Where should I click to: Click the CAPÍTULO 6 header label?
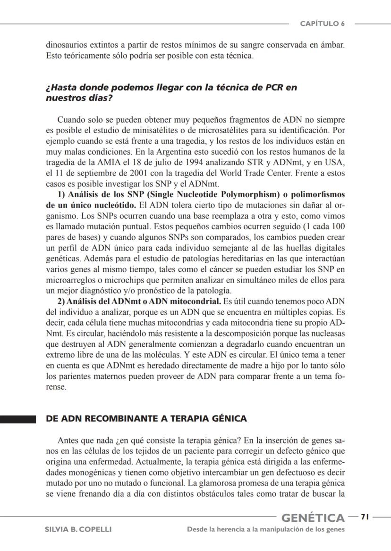(x=322, y=24)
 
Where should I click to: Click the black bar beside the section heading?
(x=18, y=419)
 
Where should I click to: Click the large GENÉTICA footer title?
(x=313, y=518)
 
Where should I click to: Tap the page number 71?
(x=364, y=517)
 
